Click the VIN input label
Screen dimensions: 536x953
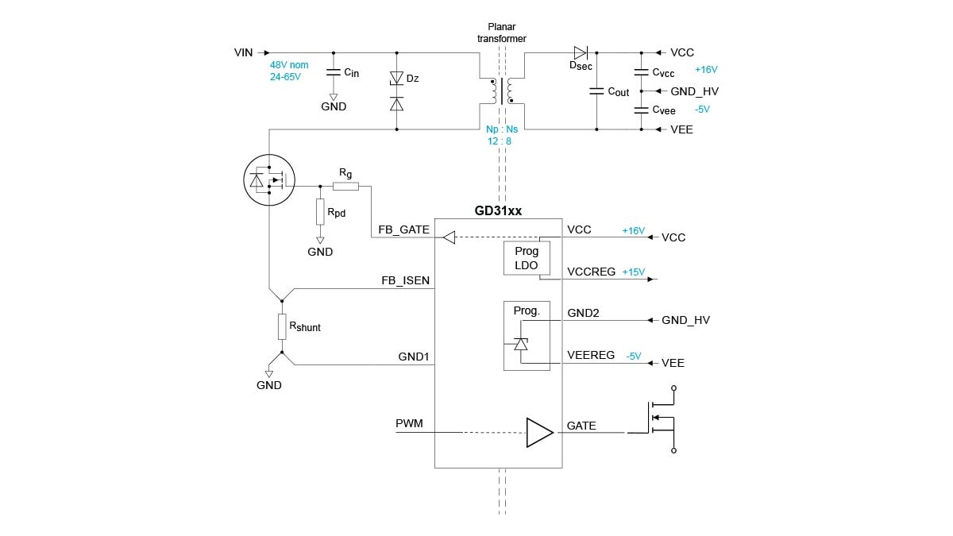(243, 52)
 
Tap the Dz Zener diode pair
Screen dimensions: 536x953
(397, 91)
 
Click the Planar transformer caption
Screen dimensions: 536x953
(501, 33)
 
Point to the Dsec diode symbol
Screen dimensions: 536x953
(581, 52)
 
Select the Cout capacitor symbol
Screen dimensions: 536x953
(596, 91)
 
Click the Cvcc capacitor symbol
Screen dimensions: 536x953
(642, 72)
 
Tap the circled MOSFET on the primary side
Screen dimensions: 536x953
(268, 179)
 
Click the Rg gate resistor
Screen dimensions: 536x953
(345, 187)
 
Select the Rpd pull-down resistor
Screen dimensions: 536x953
(320, 211)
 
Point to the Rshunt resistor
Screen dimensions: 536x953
(281, 326)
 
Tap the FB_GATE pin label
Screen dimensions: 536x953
(404, 230)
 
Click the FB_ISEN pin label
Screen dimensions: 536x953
(405, 280)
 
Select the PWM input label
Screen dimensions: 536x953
(409, 424)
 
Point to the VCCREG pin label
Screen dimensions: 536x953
(591, 272)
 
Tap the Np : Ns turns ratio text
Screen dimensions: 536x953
(501, 129)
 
